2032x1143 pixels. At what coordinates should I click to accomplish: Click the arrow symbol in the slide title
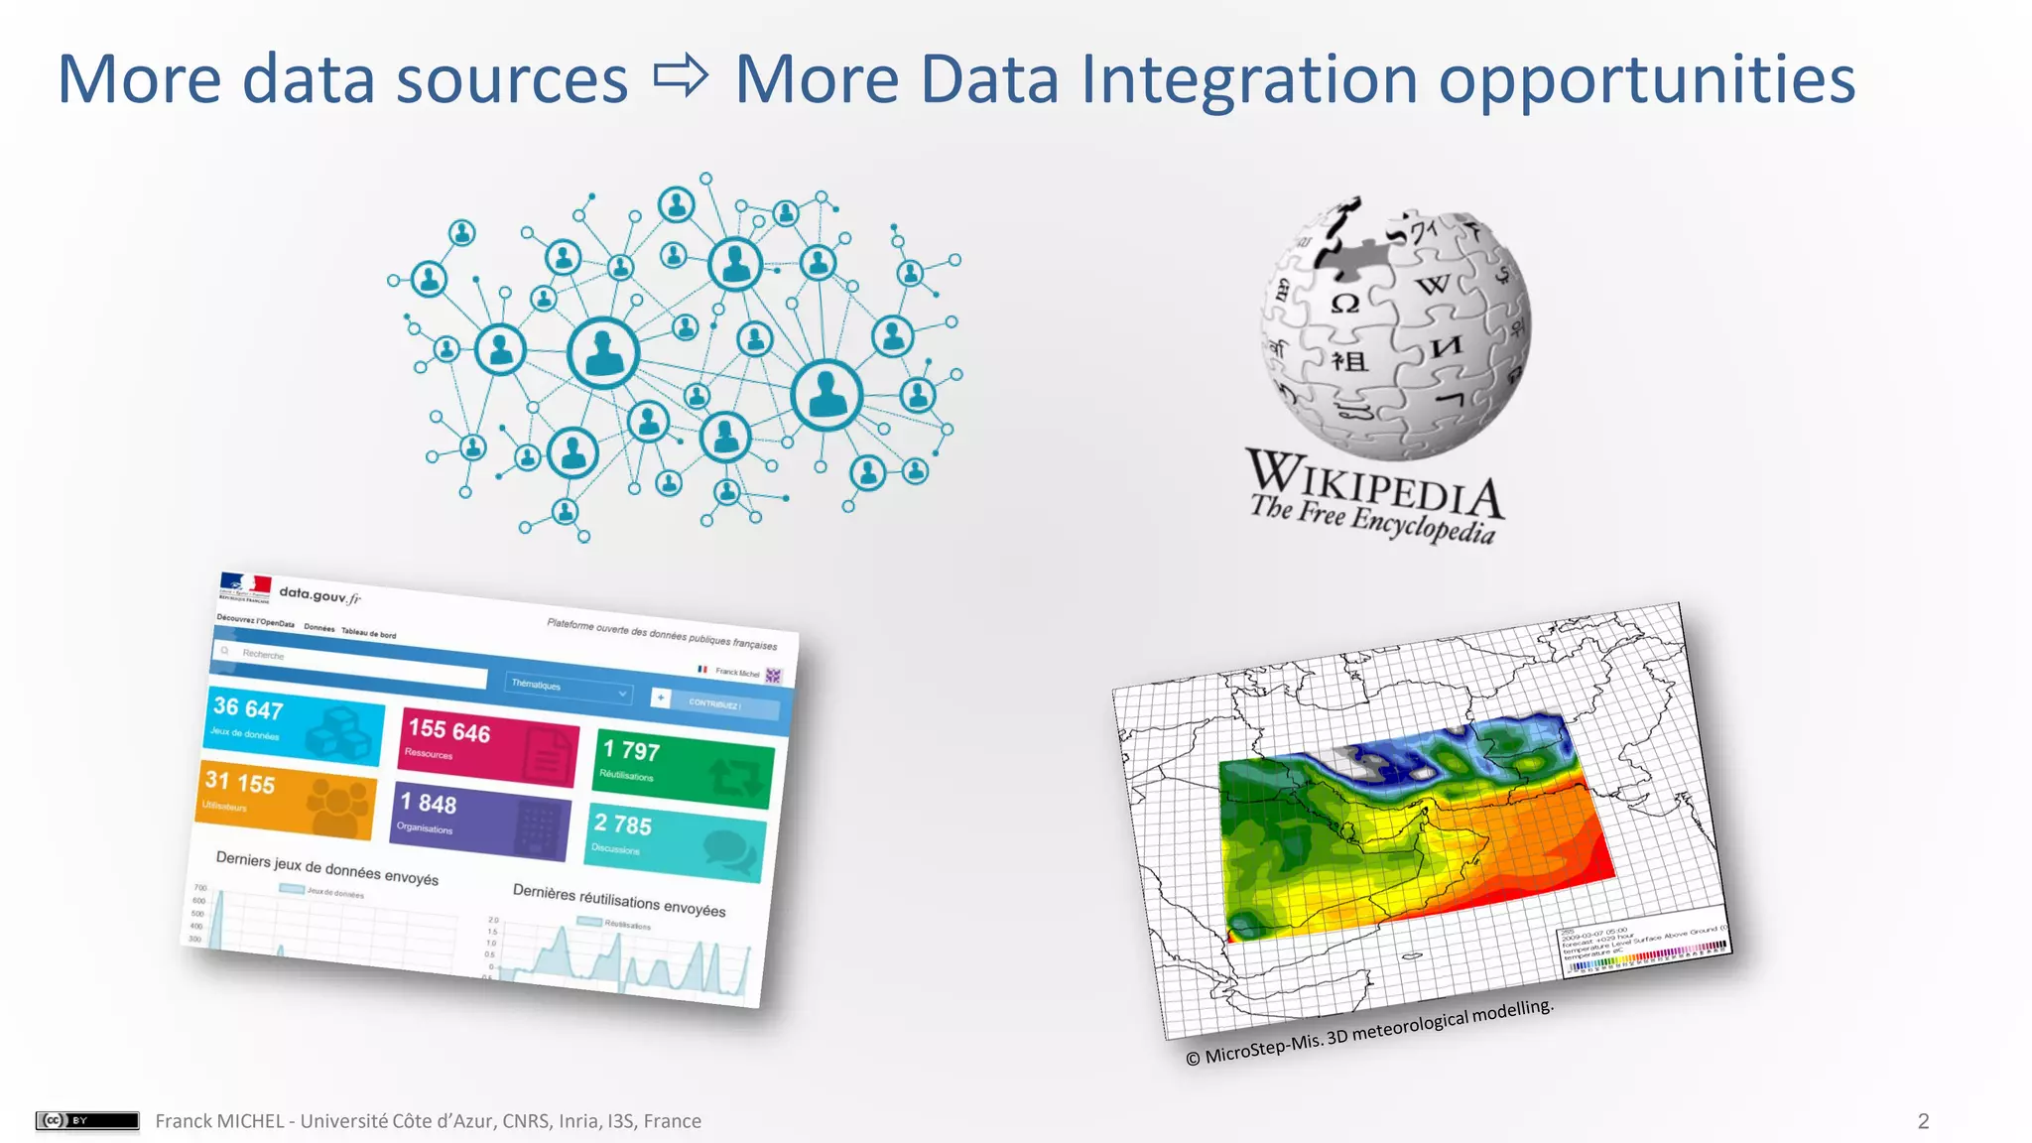(682, 76)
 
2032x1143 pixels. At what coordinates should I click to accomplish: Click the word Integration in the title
(1248, 78)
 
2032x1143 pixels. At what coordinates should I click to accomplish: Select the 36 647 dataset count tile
(295, 726)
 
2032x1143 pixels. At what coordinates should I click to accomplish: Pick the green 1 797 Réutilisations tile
(683, 767)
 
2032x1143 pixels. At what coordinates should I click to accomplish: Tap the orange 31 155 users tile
(286, 800)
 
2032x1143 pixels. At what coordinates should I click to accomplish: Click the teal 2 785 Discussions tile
(678, 843)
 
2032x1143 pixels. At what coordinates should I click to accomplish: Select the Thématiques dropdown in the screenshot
(569, 688)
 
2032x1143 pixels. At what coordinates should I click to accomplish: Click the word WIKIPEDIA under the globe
(1375, 484)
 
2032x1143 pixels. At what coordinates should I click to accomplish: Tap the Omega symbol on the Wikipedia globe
(1344, 304)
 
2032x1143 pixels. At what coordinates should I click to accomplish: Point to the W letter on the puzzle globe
(1433, 286)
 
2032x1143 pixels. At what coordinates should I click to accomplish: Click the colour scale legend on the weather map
(1647, 953)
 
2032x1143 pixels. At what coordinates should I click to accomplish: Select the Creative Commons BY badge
(87, 1120)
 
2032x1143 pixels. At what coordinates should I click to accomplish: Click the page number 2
(1923, 1121)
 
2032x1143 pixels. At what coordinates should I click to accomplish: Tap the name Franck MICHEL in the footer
(218, 1121)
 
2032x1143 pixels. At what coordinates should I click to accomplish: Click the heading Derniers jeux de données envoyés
(326, 868)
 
